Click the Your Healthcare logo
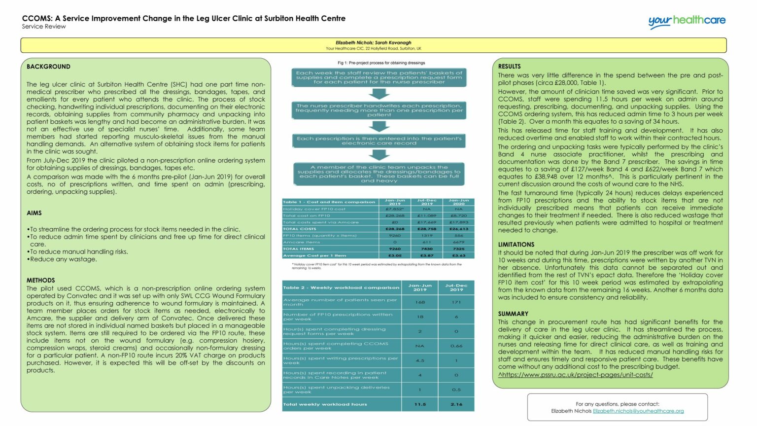[x=687, y=21]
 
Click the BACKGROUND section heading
[x=48, y=67]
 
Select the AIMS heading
[x=34, y=213]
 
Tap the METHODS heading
[x=41, y=280]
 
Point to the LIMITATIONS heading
[x=516, y=245]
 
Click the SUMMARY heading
[x=513, y=314]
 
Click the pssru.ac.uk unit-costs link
[x=575, y=375]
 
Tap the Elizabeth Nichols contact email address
[x=638, y=411]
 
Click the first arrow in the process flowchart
[x=378, y=94]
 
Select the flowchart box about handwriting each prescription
[x=379, y=110]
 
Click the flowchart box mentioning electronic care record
[x=379, y=141]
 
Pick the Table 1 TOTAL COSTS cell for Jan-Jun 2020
[x=458, y=229]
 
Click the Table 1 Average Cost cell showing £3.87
[x=427, y=255]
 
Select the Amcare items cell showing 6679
[x=458, y=242]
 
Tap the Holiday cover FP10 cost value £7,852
[x=395, y=209]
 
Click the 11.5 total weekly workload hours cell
[x=420, y=404]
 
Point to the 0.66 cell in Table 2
[x=456, y=346]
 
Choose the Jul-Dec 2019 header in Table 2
[x=456, y=287]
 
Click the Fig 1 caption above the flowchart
[x=381, y=63]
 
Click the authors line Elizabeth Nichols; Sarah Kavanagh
[x=373, y=43]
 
